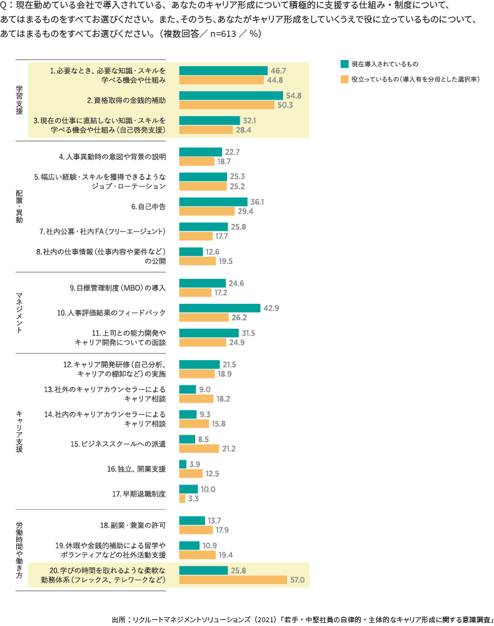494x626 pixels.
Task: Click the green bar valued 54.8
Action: (x=231, y=95)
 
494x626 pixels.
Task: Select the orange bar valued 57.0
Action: (x=233, y=580)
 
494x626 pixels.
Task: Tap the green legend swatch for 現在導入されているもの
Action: (x=343, y=64)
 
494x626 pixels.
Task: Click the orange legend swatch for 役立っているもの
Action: (x=343, y=79)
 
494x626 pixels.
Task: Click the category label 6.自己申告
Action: (x=148, y=206)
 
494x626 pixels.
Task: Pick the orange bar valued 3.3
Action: (x=182, y=498)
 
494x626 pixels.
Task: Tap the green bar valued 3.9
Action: (x=183, y=464)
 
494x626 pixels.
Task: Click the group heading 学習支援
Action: (x=19, y=99)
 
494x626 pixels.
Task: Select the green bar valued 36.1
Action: (x=213, y=201)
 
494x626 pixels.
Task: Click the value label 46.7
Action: (x=278, y=70)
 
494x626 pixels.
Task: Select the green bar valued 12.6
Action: (x=191, y=251)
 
